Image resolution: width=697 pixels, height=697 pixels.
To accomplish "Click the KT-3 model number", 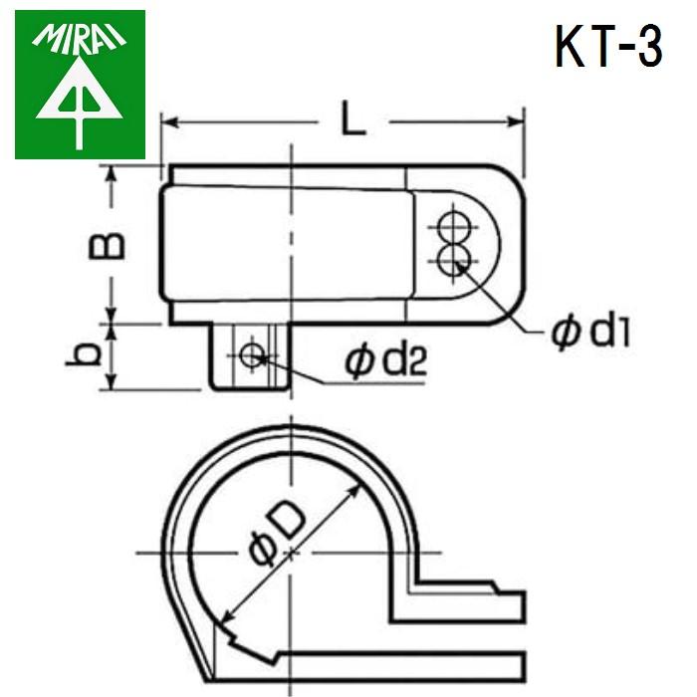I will click(x=607, y=47).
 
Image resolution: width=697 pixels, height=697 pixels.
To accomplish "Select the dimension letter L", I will click(x=354, y=121).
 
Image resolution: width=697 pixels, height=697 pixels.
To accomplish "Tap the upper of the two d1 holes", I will click(x=454, y=225).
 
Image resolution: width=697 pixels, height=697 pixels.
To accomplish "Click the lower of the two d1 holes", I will click(x=454, y=259).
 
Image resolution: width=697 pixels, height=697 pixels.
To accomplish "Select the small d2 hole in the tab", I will click(x=250, y=353).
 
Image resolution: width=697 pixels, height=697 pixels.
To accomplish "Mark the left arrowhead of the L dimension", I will click(x=168, y=123).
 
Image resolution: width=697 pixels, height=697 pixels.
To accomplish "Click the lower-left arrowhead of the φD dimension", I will click(x=221, y=616).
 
